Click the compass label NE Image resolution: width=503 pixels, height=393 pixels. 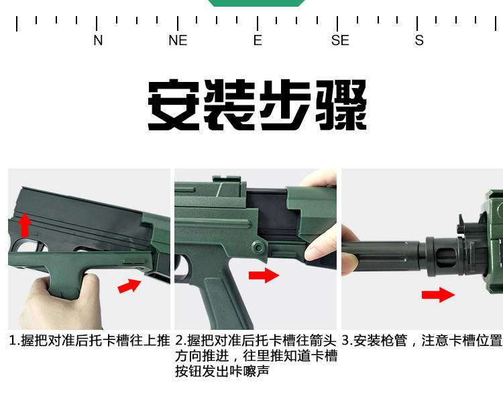[178, 40]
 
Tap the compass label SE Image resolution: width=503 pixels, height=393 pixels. [340, 40]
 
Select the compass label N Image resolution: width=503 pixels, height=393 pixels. [98, 40]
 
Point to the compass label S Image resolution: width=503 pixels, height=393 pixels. [419, 40]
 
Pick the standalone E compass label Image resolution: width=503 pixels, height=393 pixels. [258, 40]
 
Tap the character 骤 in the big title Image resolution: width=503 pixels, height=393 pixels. [341, 105]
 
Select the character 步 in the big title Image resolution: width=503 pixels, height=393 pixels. [285, 105]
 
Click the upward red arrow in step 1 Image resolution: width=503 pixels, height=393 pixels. [24, 225]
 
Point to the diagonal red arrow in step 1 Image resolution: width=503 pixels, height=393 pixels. [129, 286]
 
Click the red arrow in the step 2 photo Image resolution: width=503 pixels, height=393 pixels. [264, 275]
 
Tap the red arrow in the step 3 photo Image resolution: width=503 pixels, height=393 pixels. [438, 295]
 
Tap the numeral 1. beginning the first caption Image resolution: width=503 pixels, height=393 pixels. [15, 341]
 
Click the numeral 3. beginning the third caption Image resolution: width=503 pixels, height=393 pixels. [347, 341]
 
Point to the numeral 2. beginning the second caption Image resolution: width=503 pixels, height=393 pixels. [181, 341]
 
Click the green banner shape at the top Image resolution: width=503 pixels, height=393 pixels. [256, 3]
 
